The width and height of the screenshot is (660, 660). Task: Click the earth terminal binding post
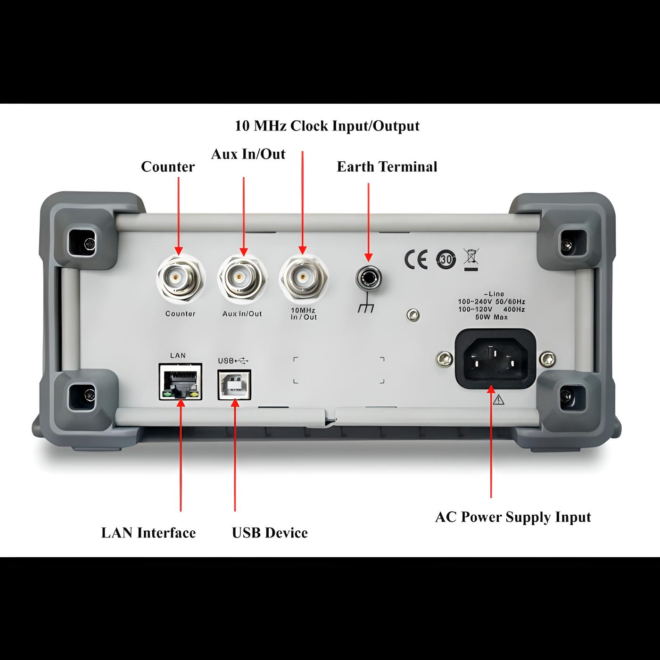[368, 279]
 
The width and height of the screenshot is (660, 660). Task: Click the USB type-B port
[234, 384]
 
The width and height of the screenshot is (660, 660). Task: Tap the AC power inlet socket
[495, 359]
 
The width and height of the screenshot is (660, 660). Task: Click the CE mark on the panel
[416, 259]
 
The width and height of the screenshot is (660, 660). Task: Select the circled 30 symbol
[446, 259]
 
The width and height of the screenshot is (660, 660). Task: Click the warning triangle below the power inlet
[498, 400]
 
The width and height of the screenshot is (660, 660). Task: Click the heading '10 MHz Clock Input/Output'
[327, 126]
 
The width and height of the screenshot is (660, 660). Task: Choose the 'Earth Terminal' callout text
[387, 167]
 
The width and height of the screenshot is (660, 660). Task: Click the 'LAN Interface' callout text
[148, 533]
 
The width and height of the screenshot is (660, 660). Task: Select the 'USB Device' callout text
[270, 533]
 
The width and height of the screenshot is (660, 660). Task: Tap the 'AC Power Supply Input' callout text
[513, 517]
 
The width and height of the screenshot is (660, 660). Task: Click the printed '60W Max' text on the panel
[491, 317]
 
